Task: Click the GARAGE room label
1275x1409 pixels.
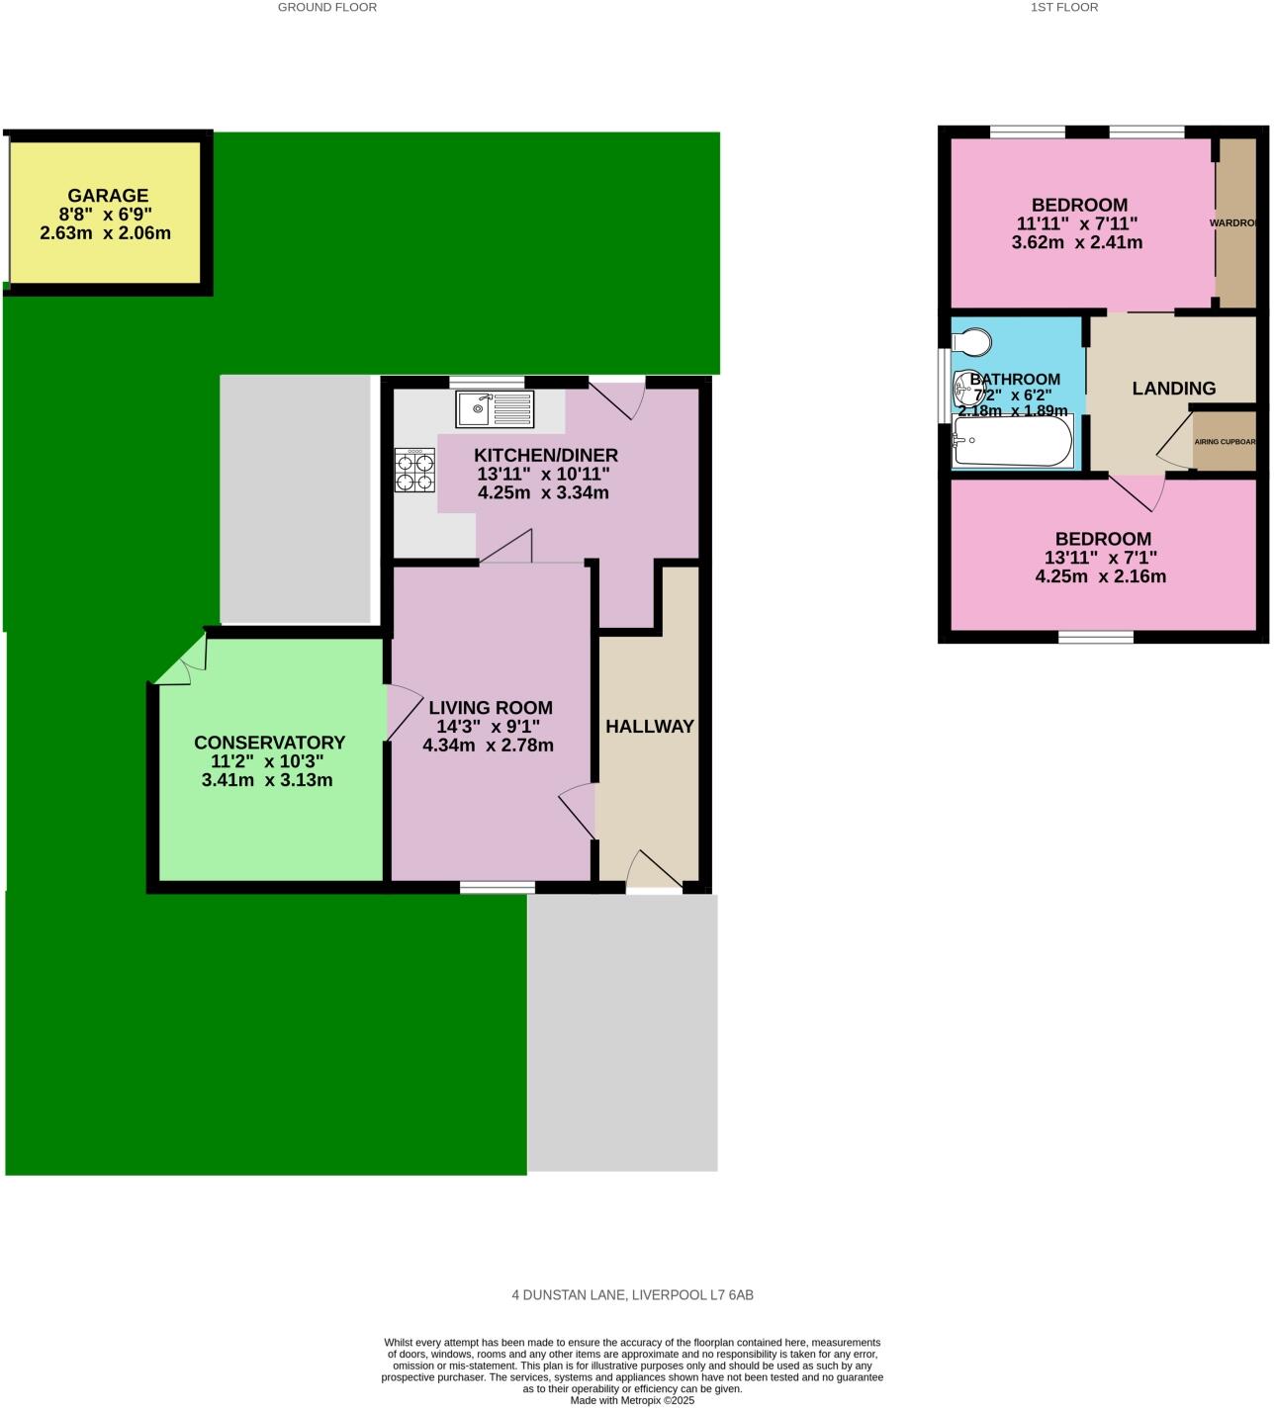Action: point(108,196)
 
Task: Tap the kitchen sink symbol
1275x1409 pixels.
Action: point(495,407)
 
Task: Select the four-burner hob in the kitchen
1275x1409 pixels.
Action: point(414,471)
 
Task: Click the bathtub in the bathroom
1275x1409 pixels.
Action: point(1012,441)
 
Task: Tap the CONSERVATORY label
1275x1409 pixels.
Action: point(269,743)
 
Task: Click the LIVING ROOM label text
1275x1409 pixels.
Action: point(490,708)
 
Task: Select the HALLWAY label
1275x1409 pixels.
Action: point(650,726)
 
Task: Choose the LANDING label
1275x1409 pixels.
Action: point(1173,389)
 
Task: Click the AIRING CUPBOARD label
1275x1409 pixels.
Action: point(1226,442)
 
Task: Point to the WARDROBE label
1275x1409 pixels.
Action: point(1233,223)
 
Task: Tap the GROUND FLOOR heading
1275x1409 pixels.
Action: point(327,7)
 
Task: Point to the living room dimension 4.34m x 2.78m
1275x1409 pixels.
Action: point(488,746)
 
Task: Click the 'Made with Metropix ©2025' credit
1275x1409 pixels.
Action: point(632,1400)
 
